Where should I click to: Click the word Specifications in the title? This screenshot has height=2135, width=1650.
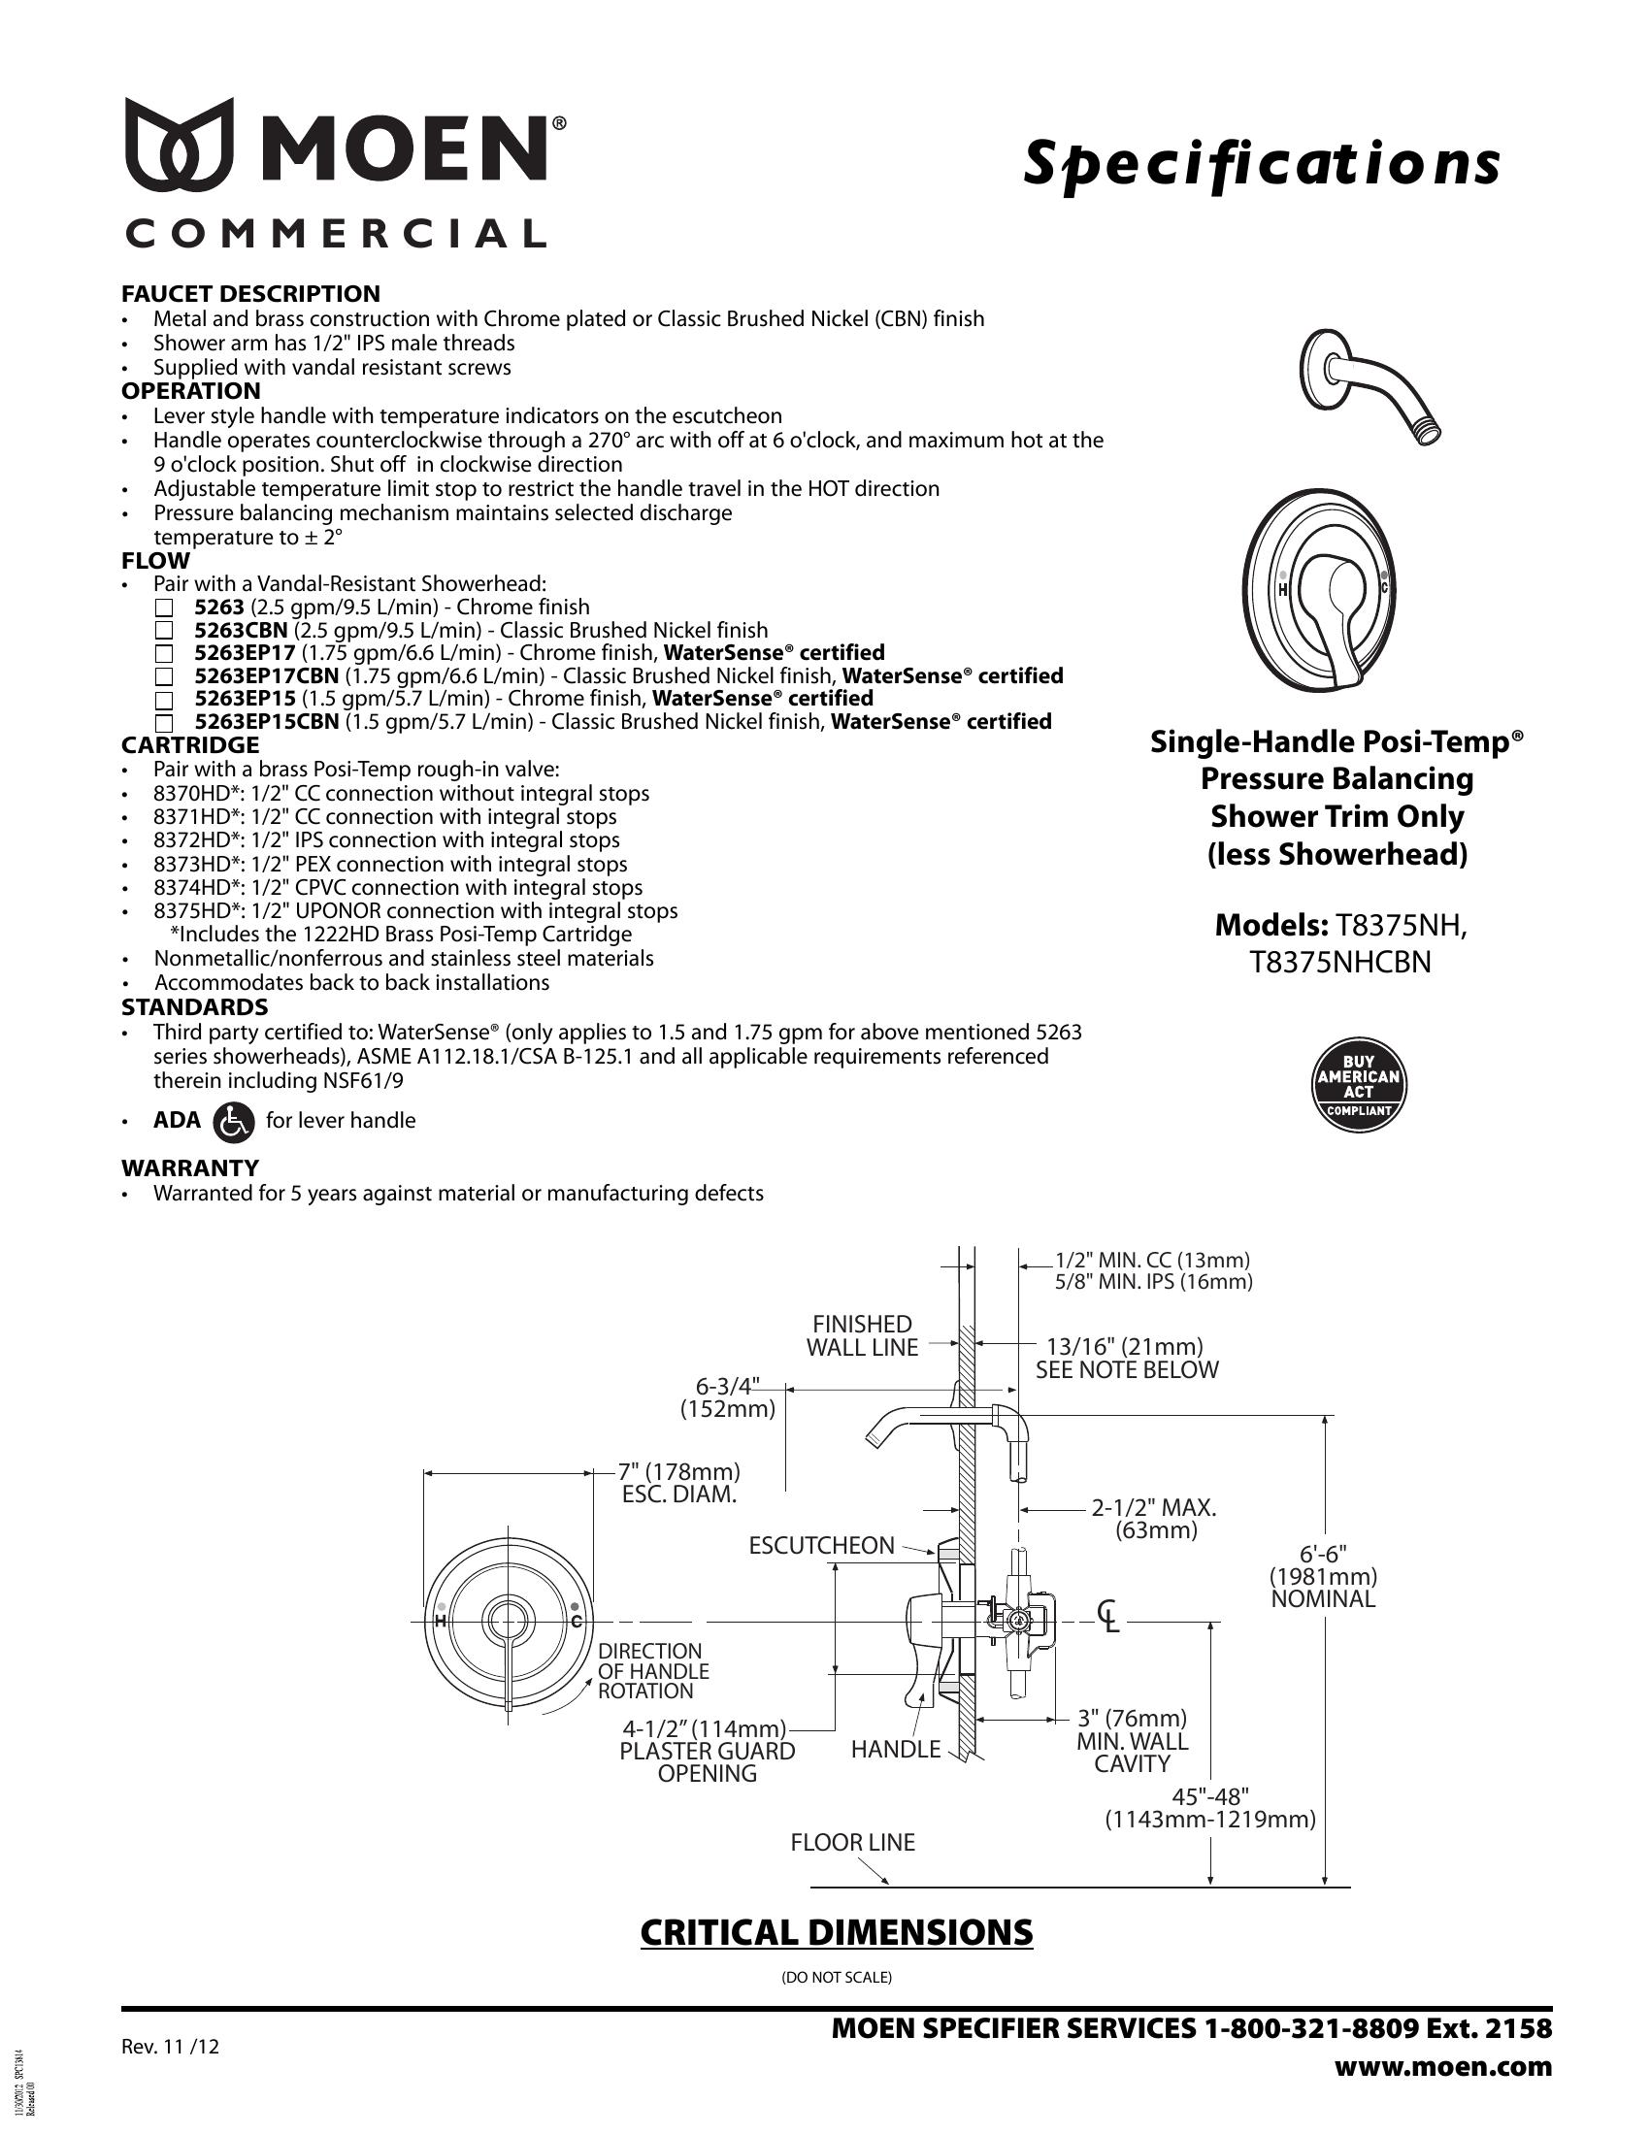point(1261,163)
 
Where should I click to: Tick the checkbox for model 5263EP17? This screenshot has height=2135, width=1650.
point(164,654)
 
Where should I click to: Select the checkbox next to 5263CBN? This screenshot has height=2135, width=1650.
point(164,632)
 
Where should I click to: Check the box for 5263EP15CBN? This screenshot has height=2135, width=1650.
point(164,723)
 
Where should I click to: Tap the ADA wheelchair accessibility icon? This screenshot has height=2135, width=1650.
point(233,1121)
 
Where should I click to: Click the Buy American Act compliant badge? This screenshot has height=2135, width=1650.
point(1358,1085)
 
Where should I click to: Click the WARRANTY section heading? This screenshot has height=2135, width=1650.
point(189,1168)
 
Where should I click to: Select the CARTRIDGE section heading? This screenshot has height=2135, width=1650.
point(189,746)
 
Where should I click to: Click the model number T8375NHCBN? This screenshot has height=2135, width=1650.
point(1340,963)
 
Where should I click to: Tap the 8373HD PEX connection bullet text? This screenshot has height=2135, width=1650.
point(390,864)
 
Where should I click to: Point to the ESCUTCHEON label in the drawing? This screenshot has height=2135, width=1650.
point(821,1546)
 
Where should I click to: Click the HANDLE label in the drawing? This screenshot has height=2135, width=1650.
point(896,1750)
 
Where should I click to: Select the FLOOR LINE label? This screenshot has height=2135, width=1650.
point(852,1843)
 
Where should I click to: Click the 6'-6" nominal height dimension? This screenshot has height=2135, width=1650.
point(1323,1576)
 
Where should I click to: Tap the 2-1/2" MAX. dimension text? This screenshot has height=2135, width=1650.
point(1153,1518)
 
